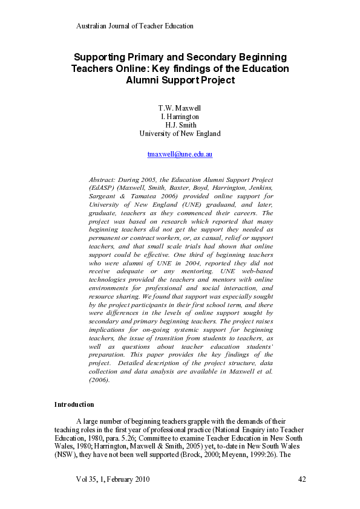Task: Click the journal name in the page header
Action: (134, 26)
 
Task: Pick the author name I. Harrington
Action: (180, 117)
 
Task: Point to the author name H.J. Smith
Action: (180, 125)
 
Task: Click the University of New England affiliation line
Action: (180, 134)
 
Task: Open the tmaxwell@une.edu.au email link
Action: (180, 154)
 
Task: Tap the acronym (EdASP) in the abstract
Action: (103, 188)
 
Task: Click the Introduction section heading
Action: (74, 404)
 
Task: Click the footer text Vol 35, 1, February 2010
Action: (113, 479)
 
